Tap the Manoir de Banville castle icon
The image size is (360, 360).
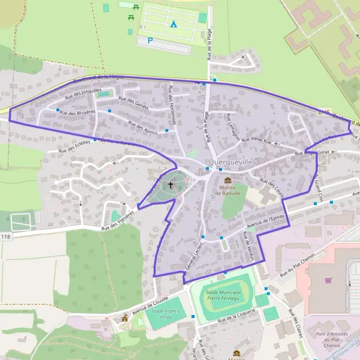coord(227,180)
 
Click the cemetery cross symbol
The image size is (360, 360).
coord(170,185)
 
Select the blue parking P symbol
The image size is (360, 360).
coord(150,41)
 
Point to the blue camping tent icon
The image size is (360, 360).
coord(173,25)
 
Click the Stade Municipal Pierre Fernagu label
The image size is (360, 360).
coord(220,294)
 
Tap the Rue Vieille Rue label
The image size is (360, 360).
coord(256,141)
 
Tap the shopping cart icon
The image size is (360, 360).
coord(328,280)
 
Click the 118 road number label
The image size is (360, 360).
coord(6,237)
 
